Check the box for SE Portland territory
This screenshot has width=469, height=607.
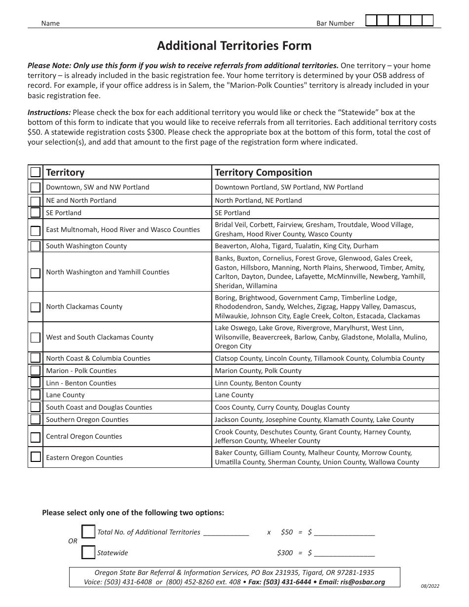pos(36,213)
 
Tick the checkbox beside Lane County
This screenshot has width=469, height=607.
pos(36,395)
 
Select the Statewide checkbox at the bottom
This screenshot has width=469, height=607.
pos(88,553)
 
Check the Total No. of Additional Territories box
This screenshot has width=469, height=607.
pos(88,532)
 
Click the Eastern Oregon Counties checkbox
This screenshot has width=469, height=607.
pos(36,457)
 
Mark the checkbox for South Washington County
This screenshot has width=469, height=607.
pos(36,246)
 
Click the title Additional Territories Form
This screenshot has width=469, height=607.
pos(234,46)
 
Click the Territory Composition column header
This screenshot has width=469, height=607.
pos(264,172)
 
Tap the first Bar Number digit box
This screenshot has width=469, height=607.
pos(371,20)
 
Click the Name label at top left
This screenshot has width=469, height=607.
pos(50,23)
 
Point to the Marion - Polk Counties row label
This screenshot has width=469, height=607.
pos(81,371)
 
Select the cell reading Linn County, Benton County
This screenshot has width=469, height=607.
pos(258,383)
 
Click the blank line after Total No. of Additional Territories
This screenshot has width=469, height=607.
pos(226,533)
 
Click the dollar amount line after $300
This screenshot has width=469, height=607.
pos(344,554)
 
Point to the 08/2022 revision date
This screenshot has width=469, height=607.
pos(430,587)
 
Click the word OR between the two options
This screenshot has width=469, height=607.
pos(73,541)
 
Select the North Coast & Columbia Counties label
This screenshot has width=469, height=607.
pos(98,358)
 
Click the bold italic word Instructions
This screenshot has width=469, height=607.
pos(49,112)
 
